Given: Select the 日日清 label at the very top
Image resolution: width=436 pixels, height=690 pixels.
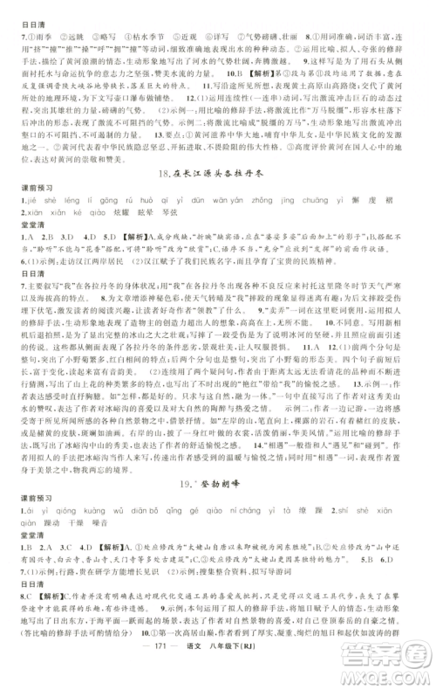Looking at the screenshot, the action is [x=22, y=8].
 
